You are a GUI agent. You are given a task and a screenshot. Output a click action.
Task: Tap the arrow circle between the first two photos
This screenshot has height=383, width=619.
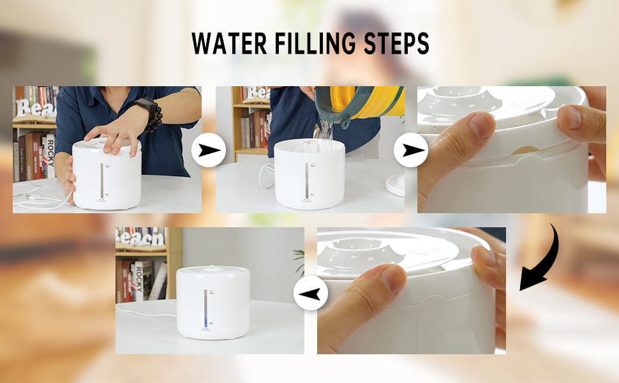(209, 151)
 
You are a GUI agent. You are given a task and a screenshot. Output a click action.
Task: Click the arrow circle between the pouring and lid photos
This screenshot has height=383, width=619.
(410, 151)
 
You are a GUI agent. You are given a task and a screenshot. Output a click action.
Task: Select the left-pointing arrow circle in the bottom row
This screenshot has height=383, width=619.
(310, 294)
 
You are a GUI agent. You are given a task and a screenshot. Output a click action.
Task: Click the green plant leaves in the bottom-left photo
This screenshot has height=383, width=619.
(299, 259)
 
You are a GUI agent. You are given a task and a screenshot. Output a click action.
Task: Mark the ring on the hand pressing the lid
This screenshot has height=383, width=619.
(114, 134)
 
